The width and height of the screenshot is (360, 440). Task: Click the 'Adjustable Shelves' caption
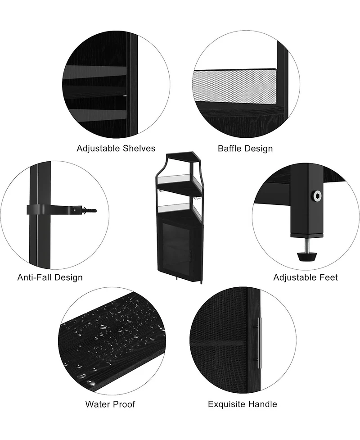tap(116, 148)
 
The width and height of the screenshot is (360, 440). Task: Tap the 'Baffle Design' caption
tap(245, 149)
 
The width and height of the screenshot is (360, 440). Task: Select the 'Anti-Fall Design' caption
tap(50, 277)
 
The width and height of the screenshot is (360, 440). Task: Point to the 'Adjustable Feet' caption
tap(306, 277)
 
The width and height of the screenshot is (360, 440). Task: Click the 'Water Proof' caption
tap(110, 404)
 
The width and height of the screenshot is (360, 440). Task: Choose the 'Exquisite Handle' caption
tap(243, 404)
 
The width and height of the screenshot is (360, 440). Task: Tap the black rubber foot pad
tap(307, 256)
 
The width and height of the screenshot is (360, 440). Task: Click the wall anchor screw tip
tap(95, 210)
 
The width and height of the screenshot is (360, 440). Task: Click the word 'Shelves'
tap(139, 148)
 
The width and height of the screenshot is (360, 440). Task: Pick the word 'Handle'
tap(263, 404)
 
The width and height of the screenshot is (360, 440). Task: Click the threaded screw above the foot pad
tap(307, 244)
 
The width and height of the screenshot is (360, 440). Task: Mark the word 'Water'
tap(97, 404)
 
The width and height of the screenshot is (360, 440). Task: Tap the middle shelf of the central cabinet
tap(180, 189)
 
